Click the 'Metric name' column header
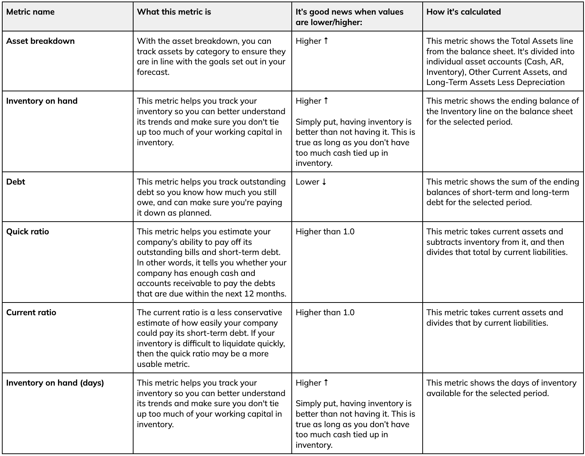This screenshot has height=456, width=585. click(30, 12)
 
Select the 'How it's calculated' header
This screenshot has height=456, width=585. click(463, 12)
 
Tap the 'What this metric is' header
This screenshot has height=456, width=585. click(174, 12)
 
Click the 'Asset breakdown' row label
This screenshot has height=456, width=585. click(40, 41)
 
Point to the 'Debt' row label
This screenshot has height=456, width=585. click(16, 182)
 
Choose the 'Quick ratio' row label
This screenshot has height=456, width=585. click(28, 232)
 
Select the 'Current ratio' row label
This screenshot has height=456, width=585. click(31, 313)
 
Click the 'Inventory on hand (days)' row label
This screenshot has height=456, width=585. click(55, 383)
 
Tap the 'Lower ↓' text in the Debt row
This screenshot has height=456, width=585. click(311, 182)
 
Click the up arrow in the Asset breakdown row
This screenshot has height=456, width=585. click(326, 41)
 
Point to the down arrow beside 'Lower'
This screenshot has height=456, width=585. click(324, 182)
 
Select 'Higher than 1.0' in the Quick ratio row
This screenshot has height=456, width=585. click(325, 232)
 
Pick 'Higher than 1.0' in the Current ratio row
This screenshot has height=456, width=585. click(325, 313)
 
